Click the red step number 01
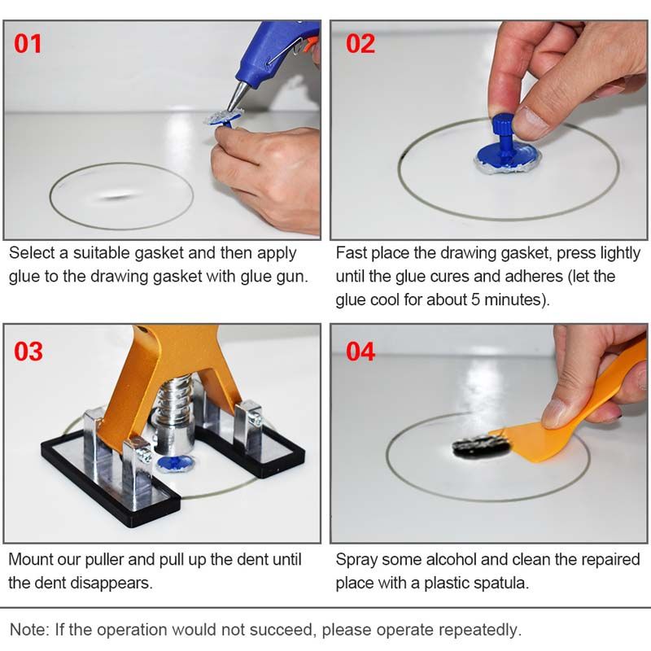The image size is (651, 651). click(x=28, y=42)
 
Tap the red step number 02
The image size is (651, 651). click(x=360, y=42)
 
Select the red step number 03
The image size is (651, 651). click(x=28, y=352)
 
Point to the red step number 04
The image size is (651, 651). click(x=360, y=352)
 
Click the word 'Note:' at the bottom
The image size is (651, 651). click(x=28, y=629)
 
